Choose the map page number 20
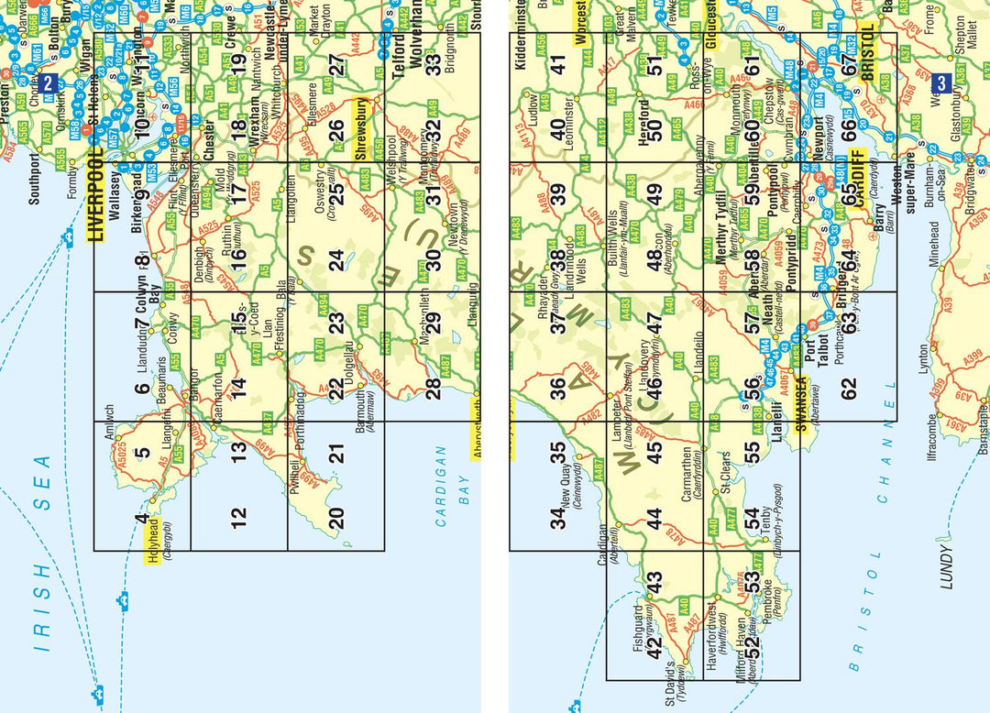336,519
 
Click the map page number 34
557,518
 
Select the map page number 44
654,519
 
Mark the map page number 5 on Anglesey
141,451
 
